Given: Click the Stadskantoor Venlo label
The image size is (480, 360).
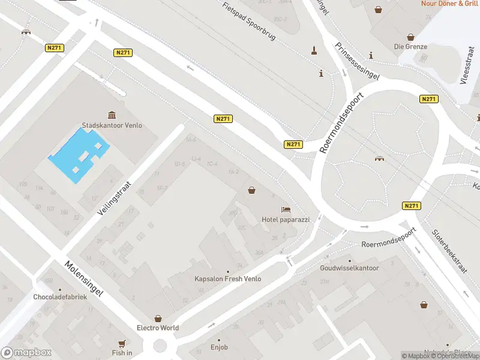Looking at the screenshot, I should [x=112, y=126].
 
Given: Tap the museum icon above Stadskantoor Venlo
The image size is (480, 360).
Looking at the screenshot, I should [x=112, y=115].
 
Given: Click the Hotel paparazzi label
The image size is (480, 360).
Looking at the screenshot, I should [x=286, y=220].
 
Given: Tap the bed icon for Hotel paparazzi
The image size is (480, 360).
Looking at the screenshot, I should [x=286, y=209].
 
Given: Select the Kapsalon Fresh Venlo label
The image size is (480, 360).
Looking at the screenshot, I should [x=227, y=279].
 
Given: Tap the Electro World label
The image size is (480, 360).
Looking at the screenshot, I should [x=158, y=328].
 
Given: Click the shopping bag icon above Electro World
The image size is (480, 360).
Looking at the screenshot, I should [x=158, y=318].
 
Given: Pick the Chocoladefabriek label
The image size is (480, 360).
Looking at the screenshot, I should [x=61, y=297].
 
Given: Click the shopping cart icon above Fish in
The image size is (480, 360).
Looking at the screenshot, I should [x=122, y=343].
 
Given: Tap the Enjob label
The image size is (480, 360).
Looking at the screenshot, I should [x=219, y=347].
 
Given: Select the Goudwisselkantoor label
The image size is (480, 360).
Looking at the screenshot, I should [x=350, y=268].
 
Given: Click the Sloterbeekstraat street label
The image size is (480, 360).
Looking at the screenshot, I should [x=449, y=253].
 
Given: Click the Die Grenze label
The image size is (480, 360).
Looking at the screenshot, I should [x=410, y=46].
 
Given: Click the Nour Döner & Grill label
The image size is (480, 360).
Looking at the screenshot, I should [x=449, y=4].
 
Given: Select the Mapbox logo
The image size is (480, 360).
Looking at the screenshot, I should [x=25, y=353].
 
